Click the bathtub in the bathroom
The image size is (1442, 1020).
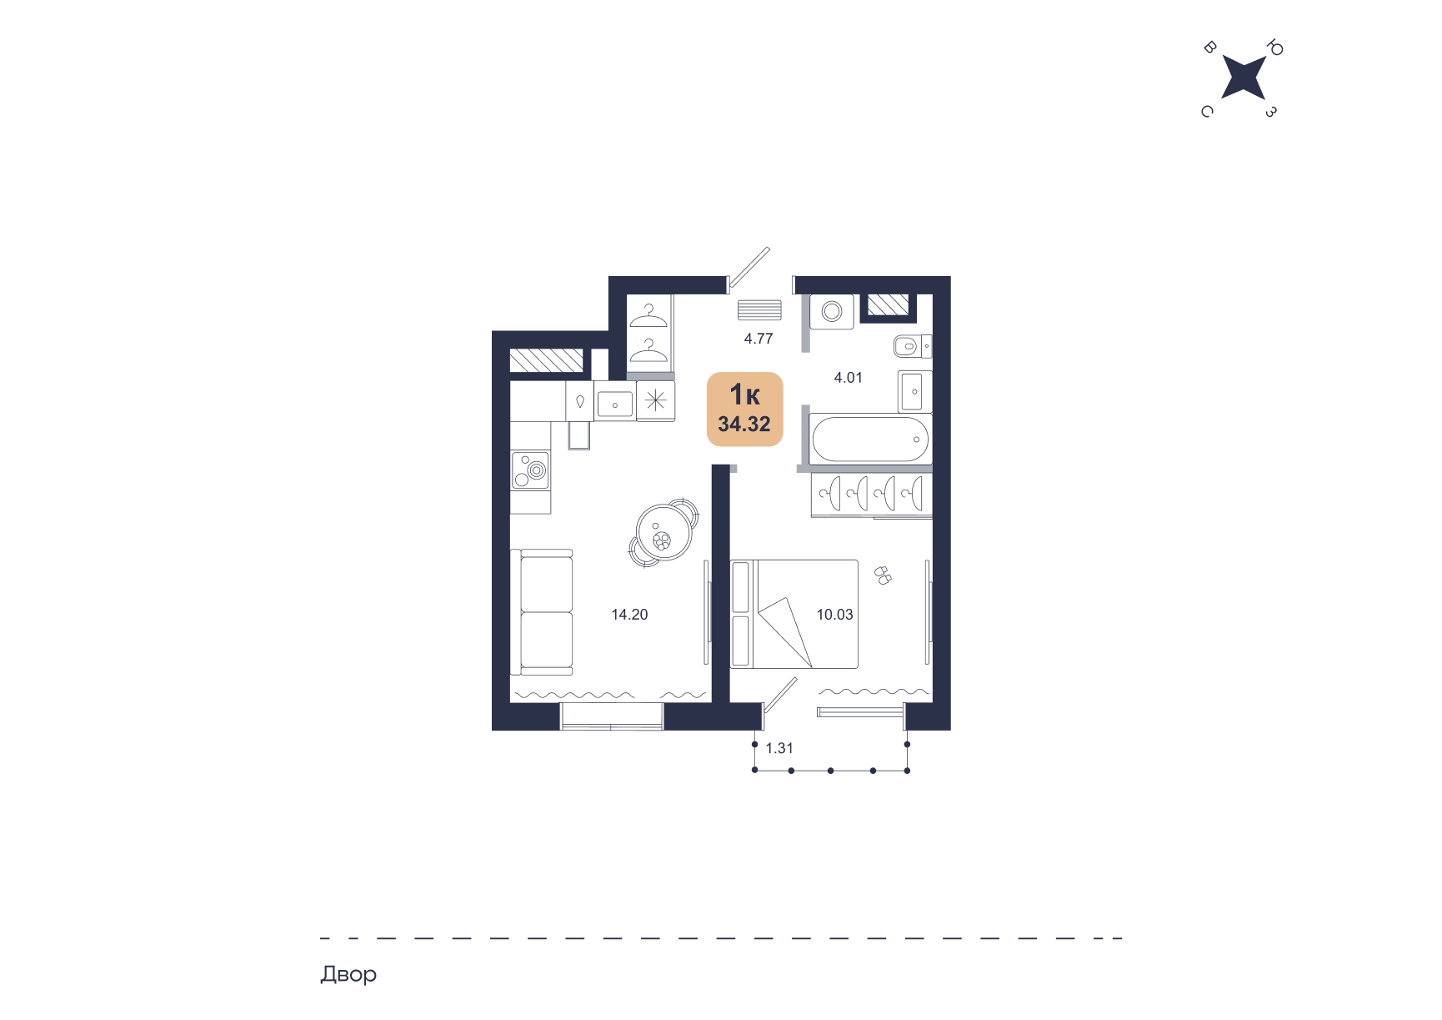(870, 439)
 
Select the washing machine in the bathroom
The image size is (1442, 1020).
(832, 312)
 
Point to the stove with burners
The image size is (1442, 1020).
(531, 469)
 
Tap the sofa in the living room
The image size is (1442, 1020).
(542, 612)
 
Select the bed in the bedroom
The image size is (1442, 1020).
(794, 614)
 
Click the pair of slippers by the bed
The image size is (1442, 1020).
(883, 575)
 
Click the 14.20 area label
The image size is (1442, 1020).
(629, 615)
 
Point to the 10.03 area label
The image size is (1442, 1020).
(834, 615)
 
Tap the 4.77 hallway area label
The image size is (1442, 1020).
(759, 339)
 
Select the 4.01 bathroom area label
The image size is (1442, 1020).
(849, 378)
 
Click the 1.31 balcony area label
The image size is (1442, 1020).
(779, 748)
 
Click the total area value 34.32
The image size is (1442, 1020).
(744, 425)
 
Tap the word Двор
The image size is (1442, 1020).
(348, 974)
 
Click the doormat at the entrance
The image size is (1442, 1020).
(759, 309)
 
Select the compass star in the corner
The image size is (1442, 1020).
(1243, 78)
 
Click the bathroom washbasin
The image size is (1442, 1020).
(915, 391)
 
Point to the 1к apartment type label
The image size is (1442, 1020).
(744, 394)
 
